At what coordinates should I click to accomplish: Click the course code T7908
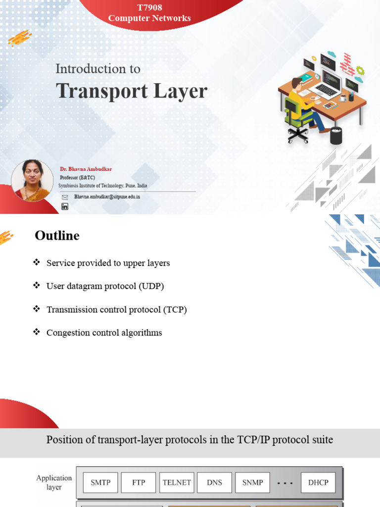pyautogui.click(x=149, y=7)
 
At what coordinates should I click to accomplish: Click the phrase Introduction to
pyautogui.click(x=98, y=69)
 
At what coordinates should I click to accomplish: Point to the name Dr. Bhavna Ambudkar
pyautogui.click(x=86, y=169)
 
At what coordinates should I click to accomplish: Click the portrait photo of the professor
pyautogui.click(x=32, y=181)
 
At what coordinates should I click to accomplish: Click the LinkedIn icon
pyautogui.click(x=65, y=206)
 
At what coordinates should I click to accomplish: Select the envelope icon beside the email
pyautogui.click(x=65, y=197)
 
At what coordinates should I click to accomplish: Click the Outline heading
pyautogui.click(x=57, y=236)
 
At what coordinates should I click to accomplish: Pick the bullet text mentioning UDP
pyautogui.click(x=105, y=286)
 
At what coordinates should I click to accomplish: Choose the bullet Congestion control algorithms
pyautogui.click(x=104, y=333)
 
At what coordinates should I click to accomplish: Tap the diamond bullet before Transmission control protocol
pyautogui.click(x=36, y=309)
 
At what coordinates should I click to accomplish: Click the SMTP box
pyautogui.click(x=100, y=482)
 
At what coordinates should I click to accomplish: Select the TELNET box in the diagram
pyautogui.click(x=177, y=482)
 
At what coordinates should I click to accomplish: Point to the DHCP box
pyautogui.click(x=318, y=482)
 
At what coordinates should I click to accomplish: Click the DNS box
pyautogui.click(x=214, y=482)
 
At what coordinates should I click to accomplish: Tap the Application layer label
pyautogui.click(x=54, y=482)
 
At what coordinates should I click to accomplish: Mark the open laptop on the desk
pyautogui.click(x=328, y=84)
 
